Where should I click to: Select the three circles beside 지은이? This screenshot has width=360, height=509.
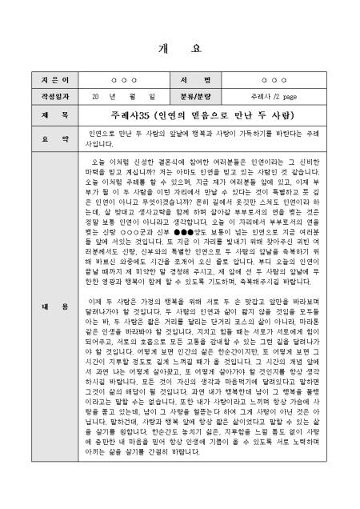coord(123,81)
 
